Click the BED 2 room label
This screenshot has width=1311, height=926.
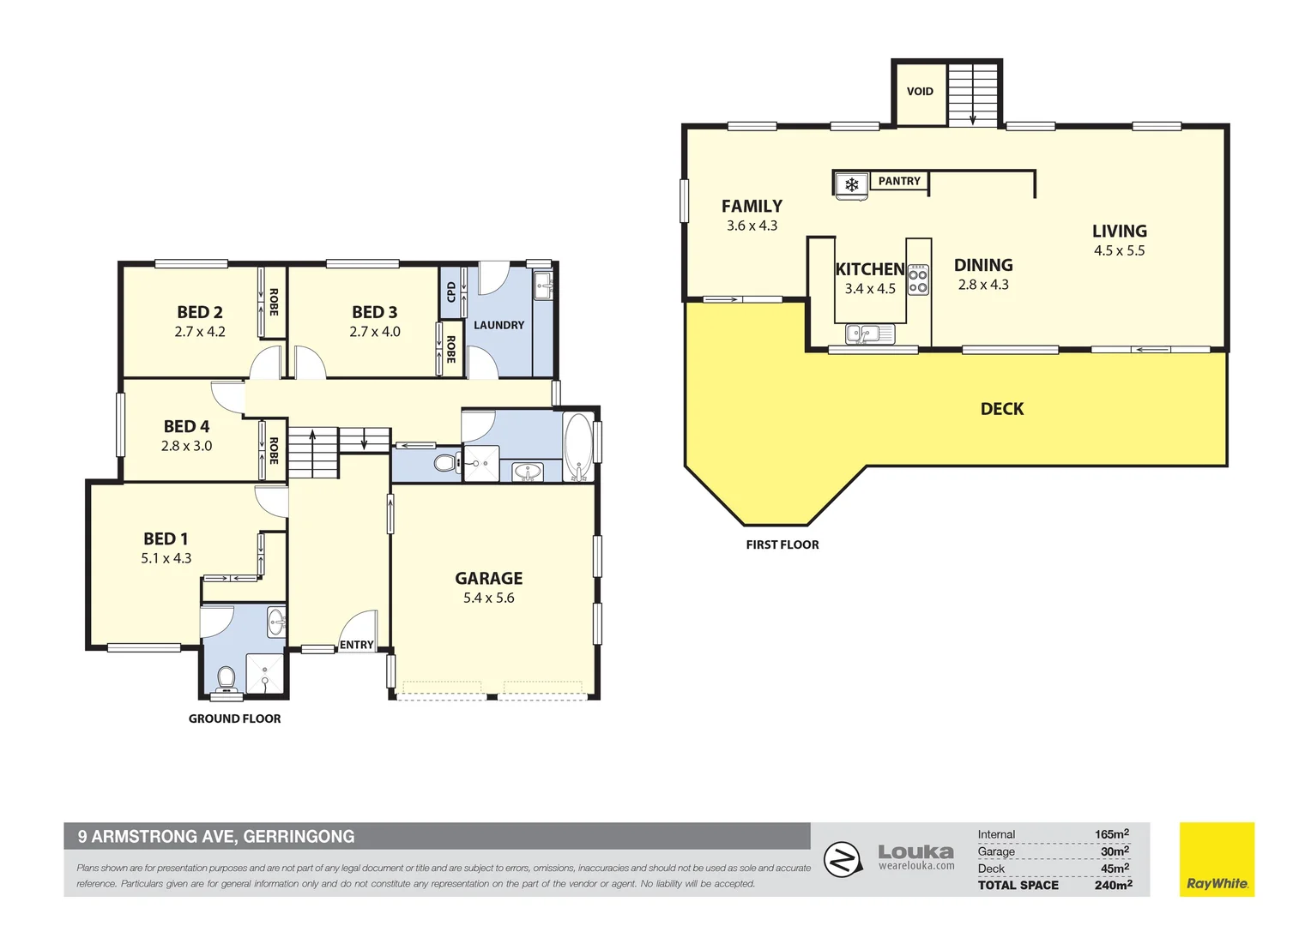(200, 312)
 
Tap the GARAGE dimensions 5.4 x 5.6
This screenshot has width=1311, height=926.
(488, 598)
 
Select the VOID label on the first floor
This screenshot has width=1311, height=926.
(920, 92)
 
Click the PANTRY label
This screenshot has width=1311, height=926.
(898, 182)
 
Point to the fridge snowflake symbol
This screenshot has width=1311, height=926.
(851, 184)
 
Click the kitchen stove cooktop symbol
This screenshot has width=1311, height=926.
(918, 280)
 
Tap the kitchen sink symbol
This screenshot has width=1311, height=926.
(869, 334)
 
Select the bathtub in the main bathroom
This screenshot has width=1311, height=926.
(579, 446)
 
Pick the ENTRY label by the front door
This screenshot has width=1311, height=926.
(357, 645)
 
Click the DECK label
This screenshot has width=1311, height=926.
(1001, 409)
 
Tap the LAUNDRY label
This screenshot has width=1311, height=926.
(498, 325)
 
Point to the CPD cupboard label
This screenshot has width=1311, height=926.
(451, 292)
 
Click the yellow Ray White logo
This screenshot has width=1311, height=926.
(1216, 859)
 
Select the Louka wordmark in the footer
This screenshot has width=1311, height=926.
(915, 851)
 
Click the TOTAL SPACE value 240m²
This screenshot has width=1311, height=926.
(1113, 885)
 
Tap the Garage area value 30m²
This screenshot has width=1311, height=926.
(1114, 851)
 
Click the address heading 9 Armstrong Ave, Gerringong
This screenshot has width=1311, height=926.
(216, 837)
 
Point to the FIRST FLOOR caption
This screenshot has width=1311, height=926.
(782, 544)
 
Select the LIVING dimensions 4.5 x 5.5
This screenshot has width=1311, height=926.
(1119, 251)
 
